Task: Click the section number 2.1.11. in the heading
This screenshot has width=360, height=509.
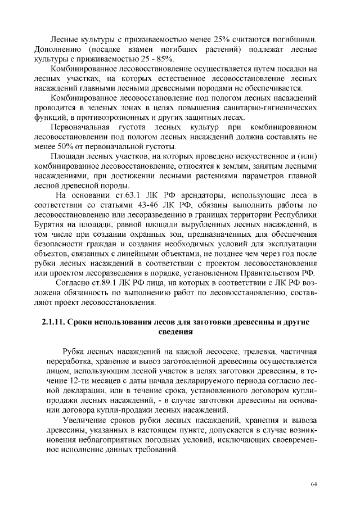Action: tap(59, 322)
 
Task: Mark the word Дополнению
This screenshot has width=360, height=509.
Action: tap(58, 49)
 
